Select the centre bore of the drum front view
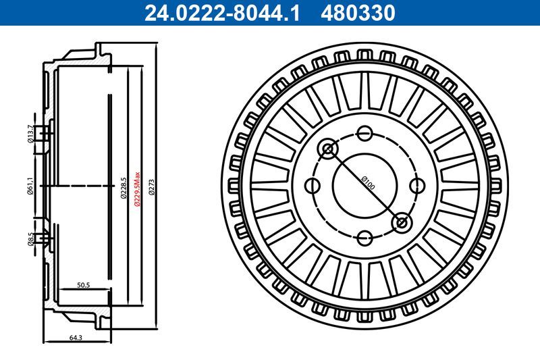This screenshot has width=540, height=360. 364,184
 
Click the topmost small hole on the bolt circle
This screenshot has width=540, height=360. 364,132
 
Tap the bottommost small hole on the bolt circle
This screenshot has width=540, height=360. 364,237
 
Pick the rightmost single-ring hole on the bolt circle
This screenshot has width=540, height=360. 417,185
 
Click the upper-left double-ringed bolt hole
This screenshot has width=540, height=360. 328,149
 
